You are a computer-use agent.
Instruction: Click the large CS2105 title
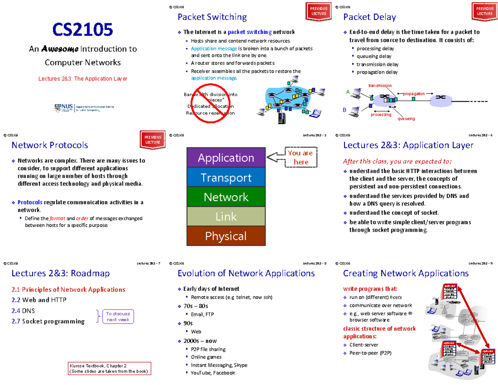tap(83, 30)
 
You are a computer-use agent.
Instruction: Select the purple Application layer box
tap(226, 158)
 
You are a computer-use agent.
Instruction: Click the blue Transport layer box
tap(226, 177)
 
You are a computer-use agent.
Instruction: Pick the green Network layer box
tap(226, 197)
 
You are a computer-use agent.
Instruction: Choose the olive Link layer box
tap(226, 216)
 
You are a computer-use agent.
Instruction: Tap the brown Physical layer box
tap(226, 236)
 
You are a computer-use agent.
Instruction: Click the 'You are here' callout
tap(301, 157)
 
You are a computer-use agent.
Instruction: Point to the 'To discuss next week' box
tap(118, 316)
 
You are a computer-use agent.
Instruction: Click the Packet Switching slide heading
tap(212, 17)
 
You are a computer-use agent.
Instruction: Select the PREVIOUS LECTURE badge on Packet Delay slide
tap(485, 11)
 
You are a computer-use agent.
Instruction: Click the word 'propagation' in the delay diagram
tap(414, 94)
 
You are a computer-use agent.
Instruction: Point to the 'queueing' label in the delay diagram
tap(406, 118)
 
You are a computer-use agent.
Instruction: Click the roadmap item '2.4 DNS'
tap(24, 310)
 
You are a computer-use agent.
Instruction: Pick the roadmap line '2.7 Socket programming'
tap(48, 321)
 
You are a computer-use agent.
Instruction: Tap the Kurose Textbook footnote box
tap(109, 368)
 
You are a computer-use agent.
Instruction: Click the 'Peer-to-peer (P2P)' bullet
tap(370, 353)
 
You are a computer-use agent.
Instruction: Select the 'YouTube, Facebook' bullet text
tap(212, 373)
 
